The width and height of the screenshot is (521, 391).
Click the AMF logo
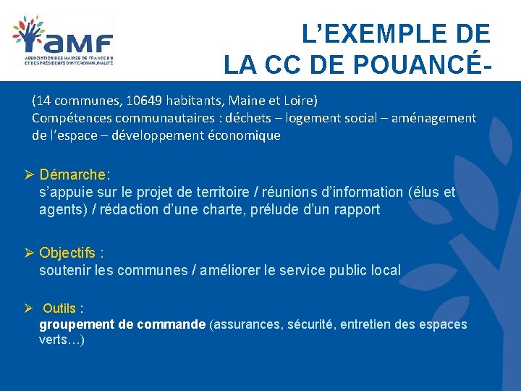63,41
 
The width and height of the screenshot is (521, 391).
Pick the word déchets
246,117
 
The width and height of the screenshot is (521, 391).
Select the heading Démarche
72,175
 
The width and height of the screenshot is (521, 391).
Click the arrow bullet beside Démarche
30,175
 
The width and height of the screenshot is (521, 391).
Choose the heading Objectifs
67,253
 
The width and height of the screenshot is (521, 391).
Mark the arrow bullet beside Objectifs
30,253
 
